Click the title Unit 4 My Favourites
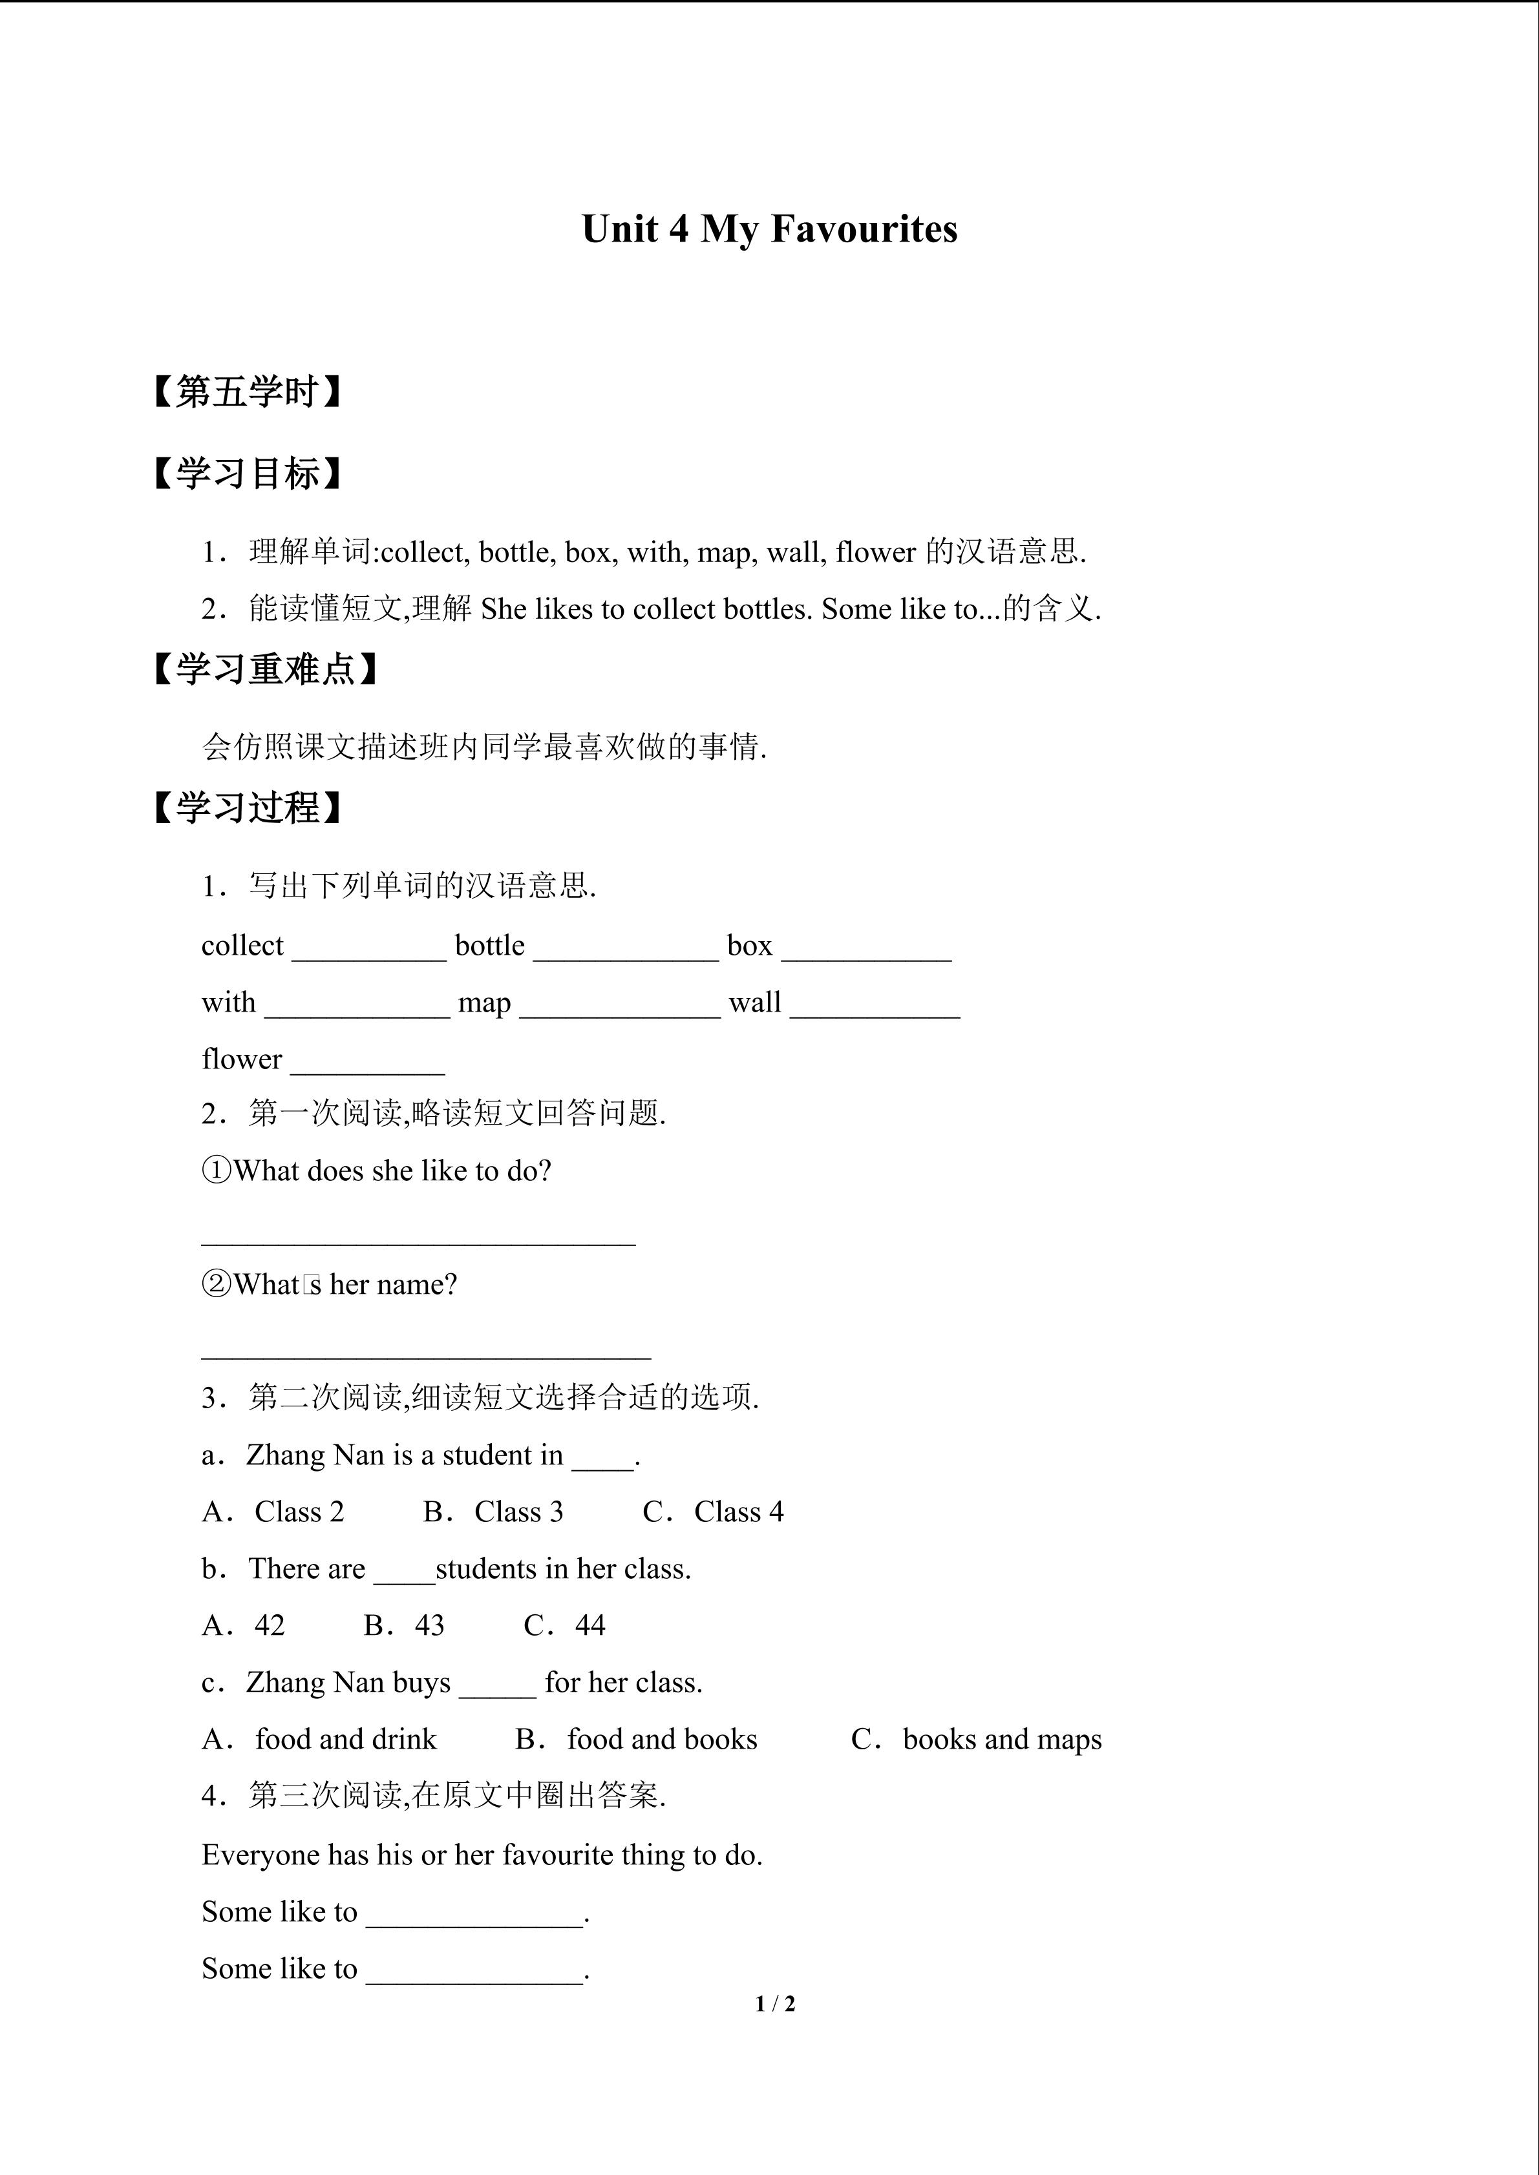coord(769,229)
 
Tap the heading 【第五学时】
coord(246,391)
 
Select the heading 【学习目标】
coord(246,474)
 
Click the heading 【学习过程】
coord(246,808)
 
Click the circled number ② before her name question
coord(217,1285)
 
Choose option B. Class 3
coord(493,1512)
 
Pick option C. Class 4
coord(713,1512)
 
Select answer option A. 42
coord(244,1625)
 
